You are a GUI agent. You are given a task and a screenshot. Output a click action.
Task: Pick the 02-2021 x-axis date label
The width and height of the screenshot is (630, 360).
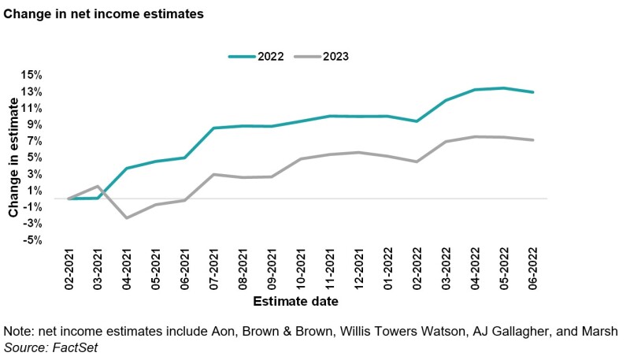tap(70, 269)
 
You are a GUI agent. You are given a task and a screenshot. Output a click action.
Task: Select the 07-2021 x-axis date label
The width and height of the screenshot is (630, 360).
tap(215, 269)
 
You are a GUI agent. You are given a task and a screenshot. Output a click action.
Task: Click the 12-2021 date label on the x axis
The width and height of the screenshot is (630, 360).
tap(360, 269)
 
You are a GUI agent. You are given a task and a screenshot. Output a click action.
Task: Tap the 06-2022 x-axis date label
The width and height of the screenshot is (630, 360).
tap(533, 269)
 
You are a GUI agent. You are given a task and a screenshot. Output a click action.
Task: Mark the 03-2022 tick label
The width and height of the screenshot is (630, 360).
tap(447, 269)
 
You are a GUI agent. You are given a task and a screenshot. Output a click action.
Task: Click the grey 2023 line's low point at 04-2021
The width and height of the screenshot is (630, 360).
tap(127, 217)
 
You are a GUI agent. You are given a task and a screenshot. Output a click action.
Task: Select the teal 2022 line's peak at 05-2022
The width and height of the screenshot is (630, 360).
tap(504, 88)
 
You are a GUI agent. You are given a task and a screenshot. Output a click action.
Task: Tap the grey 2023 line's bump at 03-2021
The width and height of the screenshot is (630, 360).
tap(98, 187)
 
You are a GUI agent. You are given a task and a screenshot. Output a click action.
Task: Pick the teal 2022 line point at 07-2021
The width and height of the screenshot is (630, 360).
tap(213, 128)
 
